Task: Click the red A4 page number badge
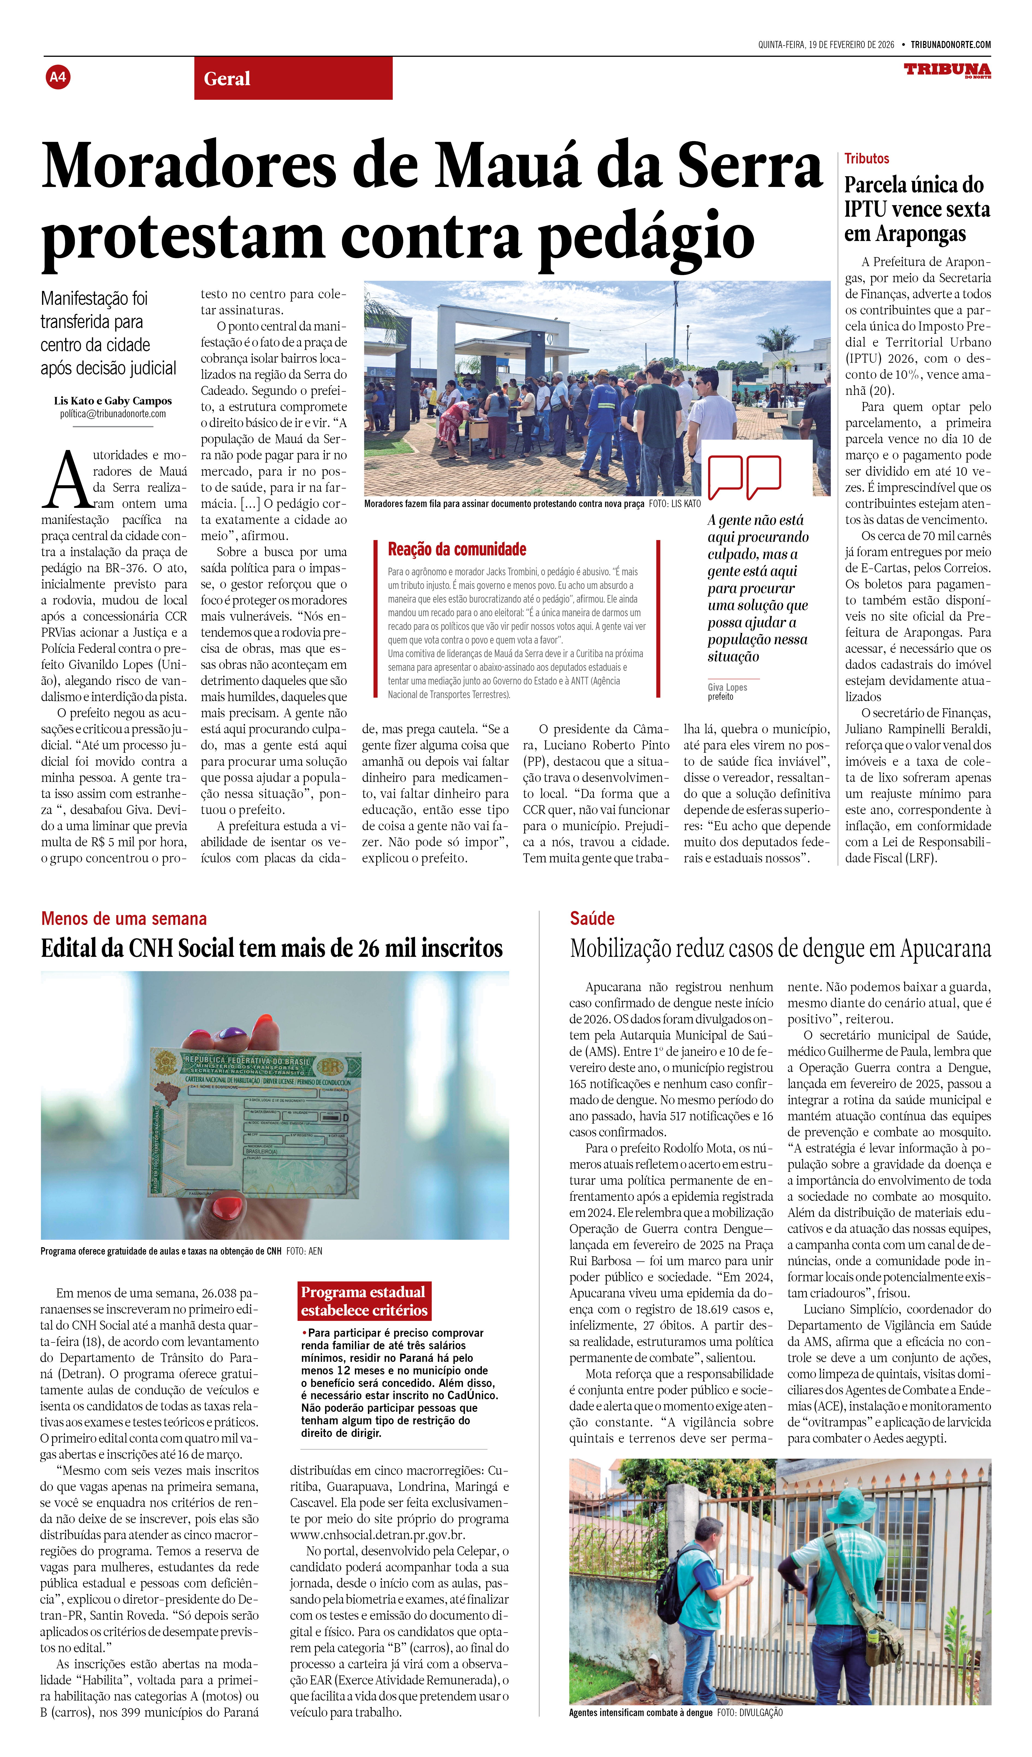[x=58, y=77]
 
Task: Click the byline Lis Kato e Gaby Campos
[x=113, y=401]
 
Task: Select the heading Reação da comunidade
[x=457, y=549]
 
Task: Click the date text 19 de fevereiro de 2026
[x=851, y=45]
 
